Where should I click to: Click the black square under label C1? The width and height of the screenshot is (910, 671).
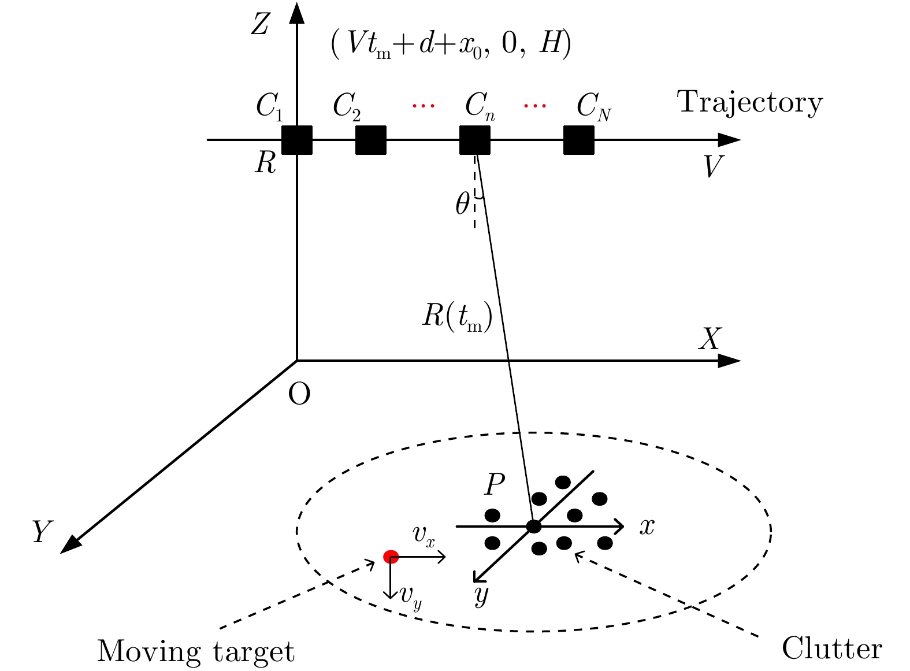[296, 140]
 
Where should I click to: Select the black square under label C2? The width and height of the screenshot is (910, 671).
[370, 140]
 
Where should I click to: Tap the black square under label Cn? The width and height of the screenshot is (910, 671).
[475, 140]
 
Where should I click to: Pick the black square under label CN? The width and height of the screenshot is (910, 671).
[579, 140]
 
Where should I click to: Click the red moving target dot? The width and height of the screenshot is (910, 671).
[391, 557]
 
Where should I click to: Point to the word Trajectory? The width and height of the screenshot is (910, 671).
[750, 103]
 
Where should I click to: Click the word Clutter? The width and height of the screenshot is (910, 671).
[832, 648]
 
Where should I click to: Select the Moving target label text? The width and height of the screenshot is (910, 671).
[195, 651]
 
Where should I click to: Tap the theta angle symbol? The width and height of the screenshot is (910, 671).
[462, 203]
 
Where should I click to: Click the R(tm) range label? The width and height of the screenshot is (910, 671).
[457, 317]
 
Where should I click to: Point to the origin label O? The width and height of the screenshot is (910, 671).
[299, 395]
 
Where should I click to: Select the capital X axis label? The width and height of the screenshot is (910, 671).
[710, 339]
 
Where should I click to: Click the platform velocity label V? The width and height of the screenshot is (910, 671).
[713, 167]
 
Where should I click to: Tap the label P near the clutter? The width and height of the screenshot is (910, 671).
[495, 484]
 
